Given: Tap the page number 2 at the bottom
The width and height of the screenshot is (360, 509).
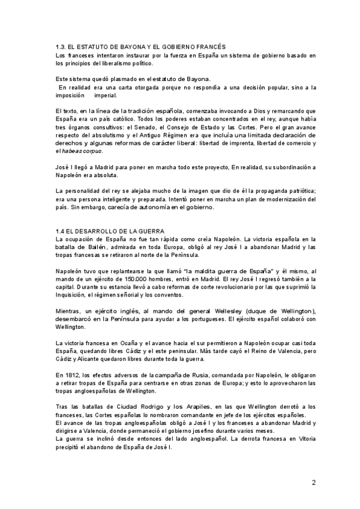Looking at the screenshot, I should point(313,482).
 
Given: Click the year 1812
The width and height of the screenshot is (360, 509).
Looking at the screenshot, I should point(62,374).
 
